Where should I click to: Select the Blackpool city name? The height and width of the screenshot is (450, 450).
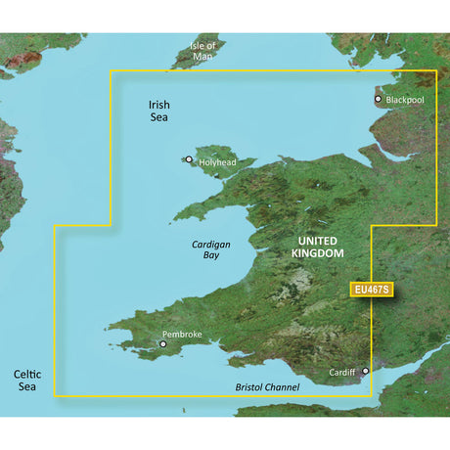coord(406,100)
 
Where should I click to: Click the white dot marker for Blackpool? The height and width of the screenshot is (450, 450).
coord(379,99)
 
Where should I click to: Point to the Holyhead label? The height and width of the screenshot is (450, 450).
coord(217,162)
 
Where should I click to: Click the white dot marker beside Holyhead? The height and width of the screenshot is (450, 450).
coord(189,158)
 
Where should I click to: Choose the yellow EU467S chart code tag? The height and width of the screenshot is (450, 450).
coord(371,290)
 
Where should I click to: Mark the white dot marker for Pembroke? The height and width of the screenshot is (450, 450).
coord(162,343)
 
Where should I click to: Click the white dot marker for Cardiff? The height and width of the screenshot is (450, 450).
coord(366,371)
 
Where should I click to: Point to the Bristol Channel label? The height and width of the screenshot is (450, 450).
coord(267,387)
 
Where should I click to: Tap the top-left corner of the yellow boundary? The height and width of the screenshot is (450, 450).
coord(109,70)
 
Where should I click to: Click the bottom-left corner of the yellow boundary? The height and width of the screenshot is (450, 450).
coord(55,395)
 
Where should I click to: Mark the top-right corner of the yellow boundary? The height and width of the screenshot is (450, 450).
coord(435,71)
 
